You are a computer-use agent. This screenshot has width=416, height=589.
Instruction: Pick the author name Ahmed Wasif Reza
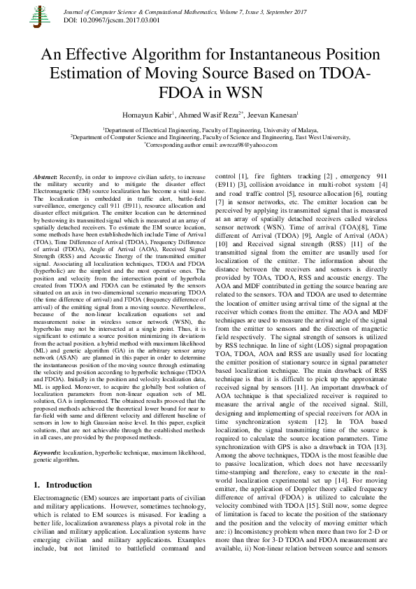(x=208, y=115)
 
